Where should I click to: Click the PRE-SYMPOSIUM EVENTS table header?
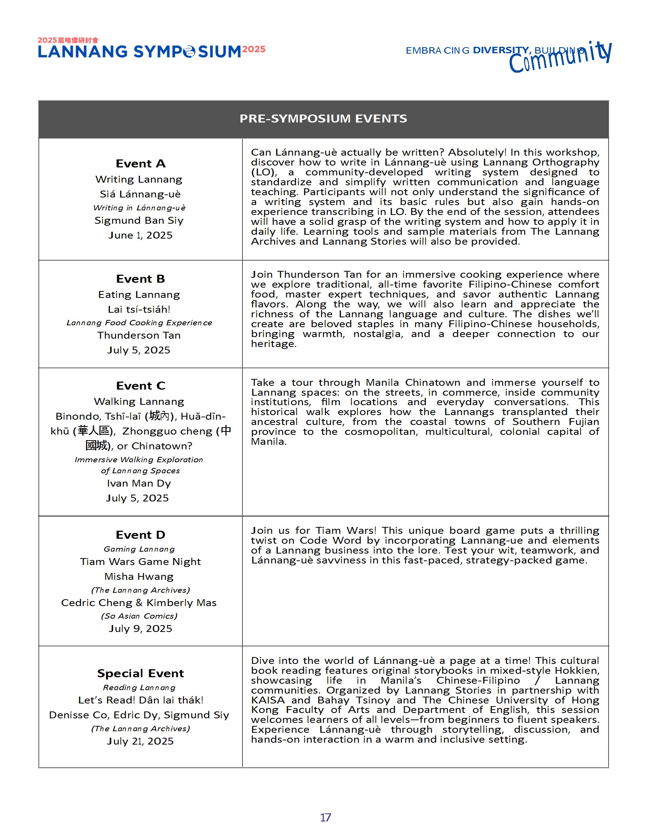tap(323, 119)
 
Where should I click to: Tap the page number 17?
tap(325, 818)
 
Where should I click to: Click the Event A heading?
tap(140, 164)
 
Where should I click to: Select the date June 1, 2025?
tap(140, 235)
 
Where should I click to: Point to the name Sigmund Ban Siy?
tap(139, 220)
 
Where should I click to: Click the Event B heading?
tap(140, 278)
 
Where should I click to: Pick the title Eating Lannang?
tap(139, 295)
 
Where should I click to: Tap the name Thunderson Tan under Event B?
tap(139, 335)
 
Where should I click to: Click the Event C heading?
tap(141, 385)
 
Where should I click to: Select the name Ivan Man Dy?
tap(139, 483)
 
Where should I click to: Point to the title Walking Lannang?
tap(139, 402)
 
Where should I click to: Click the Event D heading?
tap(140, 535)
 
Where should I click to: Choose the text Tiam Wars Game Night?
tap(140, 562)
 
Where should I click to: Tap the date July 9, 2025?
tap(140, 629)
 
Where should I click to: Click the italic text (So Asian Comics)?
tap(139, 616)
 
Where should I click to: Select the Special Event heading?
tap(140, 673)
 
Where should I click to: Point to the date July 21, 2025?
tap(140, 741)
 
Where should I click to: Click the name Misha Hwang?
tap(139, 577)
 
